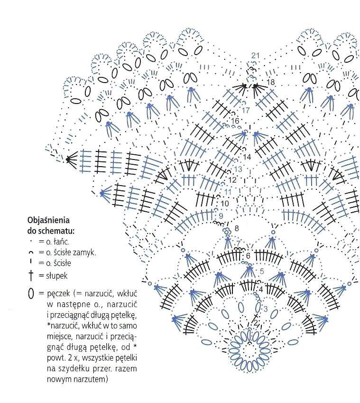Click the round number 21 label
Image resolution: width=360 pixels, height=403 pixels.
(255, 55)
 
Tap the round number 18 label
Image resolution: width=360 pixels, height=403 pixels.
(271, 82)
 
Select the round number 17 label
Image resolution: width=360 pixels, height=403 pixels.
(246, 110)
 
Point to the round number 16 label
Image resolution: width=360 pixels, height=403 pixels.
(235, 121)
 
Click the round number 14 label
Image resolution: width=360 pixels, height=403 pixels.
(247, 157)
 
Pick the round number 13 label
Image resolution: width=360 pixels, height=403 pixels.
(238, 169)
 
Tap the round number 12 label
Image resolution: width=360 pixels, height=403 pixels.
(232, 179)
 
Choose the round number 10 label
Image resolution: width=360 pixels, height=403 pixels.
(224, 204)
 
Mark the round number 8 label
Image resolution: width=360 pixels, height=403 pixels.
(237, 228)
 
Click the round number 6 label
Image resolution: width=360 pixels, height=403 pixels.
(248, 255)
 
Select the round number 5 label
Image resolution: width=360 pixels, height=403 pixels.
(262, 271)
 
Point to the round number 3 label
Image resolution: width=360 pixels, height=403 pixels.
(266, 309)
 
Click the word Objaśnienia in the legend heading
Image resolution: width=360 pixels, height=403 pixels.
(48, 220)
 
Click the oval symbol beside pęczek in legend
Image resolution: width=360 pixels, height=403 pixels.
(31, 293)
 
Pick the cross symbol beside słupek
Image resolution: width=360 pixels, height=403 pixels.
(31, 275)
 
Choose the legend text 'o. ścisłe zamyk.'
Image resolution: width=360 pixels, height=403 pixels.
(71, 253)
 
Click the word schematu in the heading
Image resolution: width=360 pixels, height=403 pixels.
(56, 231)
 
